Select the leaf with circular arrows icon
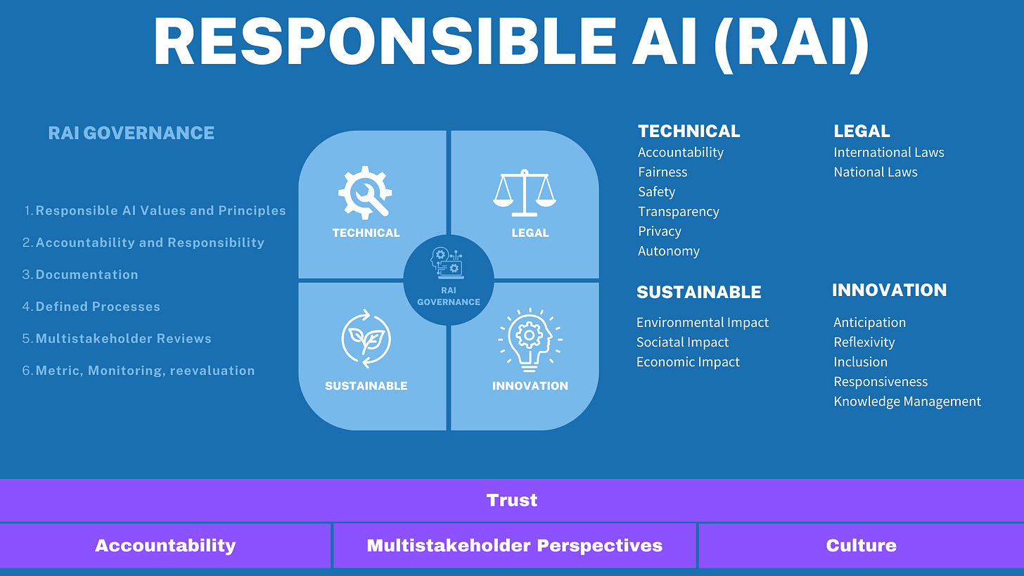365,338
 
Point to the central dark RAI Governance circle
449,280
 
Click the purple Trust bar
512,500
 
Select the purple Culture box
861,545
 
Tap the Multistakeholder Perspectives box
514,545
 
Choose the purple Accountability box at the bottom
165,545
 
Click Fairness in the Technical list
663,172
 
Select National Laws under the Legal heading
876,172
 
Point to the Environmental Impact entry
703,323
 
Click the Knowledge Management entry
907,402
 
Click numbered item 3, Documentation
87,275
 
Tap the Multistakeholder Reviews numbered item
123,339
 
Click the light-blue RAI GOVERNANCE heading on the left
131,133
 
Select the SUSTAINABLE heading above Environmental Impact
699,292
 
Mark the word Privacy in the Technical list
660,231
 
